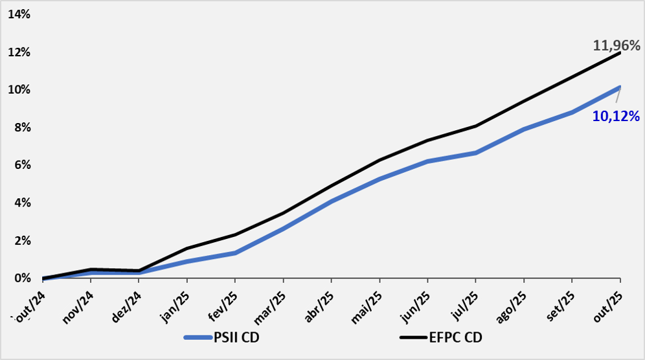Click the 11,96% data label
(x=616, y=45)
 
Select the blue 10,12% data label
(x=616, y=117)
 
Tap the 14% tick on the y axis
(x=19, y=14)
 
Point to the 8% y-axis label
(x=22, y=128)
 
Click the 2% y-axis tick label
(x=22, y=241)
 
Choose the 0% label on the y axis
(x=22, y=278)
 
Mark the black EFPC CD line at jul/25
(x=476, y=126)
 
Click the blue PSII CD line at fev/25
(x=235, y=253)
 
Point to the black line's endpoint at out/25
(x=620, y=52)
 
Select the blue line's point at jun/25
(x=427, y=161)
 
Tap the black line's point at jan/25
(x=187, y=249)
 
